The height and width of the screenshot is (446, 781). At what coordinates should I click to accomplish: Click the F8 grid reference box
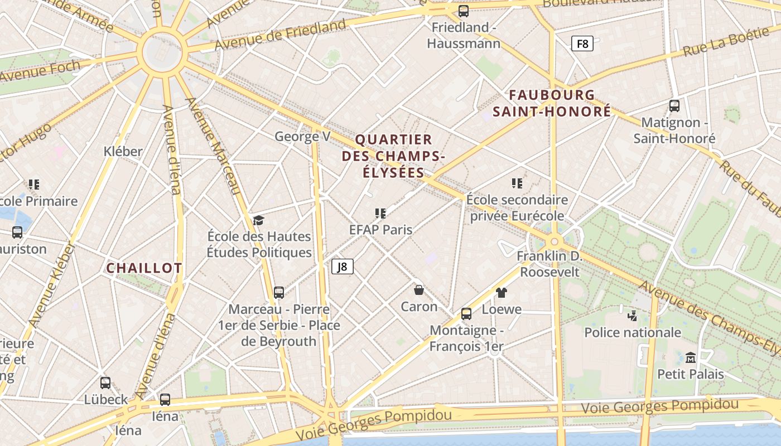click(582, 43)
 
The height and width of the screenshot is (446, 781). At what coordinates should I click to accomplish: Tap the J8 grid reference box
click(343, 266)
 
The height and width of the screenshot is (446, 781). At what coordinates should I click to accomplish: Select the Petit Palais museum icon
click(691, 357)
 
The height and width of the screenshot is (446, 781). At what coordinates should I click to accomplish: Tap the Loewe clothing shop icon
click(501, 293)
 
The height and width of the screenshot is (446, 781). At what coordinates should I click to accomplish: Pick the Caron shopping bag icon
click(419, 290)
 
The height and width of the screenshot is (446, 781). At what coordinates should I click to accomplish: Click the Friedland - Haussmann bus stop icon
click(463, 11)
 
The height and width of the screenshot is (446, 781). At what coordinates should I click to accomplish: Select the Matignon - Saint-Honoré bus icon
click(674, 106)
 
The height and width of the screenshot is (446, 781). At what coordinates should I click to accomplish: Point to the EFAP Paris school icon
click(380, 213)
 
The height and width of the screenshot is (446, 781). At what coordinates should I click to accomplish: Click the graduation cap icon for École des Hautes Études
click(258, 221)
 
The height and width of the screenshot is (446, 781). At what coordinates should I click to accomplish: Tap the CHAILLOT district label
click(144, 268)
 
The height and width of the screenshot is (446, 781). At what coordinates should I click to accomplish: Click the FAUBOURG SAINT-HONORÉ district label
click(552, 103)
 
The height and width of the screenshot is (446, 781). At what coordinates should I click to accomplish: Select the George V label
click(302, 137)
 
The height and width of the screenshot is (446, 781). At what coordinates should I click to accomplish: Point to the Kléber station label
click(123, 151)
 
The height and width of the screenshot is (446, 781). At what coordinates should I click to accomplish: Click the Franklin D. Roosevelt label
click(549, 264)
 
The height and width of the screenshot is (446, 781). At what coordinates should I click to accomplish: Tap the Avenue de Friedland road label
click(281, 35)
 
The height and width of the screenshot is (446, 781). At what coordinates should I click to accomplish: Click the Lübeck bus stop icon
click(105, 383)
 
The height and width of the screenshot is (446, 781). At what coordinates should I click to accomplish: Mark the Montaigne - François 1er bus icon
click(466, 314)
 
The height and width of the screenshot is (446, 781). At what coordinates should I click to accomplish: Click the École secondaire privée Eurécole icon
click(517, 183)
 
